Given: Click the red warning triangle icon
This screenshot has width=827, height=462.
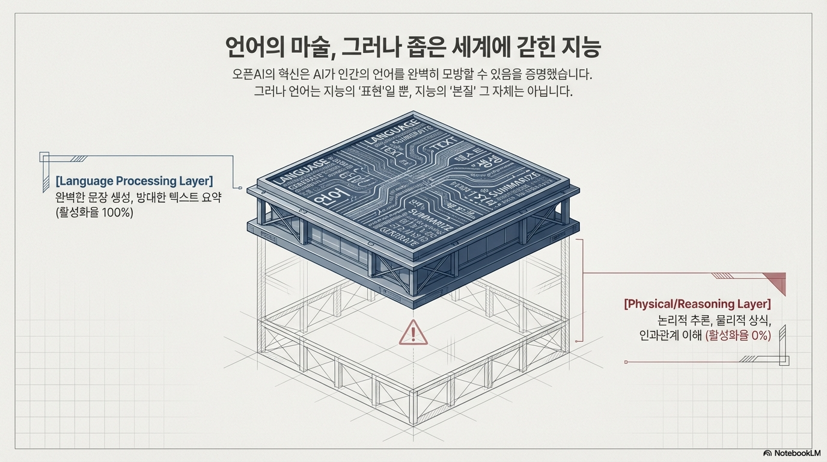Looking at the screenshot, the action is [x=413, y=333].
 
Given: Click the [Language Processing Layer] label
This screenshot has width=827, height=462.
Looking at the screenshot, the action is [x=133, y=181].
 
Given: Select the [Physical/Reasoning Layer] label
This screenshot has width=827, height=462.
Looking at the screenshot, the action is [x=697, y=304].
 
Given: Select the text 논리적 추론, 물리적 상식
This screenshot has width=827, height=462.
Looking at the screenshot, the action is [x=714, y=320].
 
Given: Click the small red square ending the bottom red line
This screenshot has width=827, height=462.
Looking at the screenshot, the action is [x=626, y=362].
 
